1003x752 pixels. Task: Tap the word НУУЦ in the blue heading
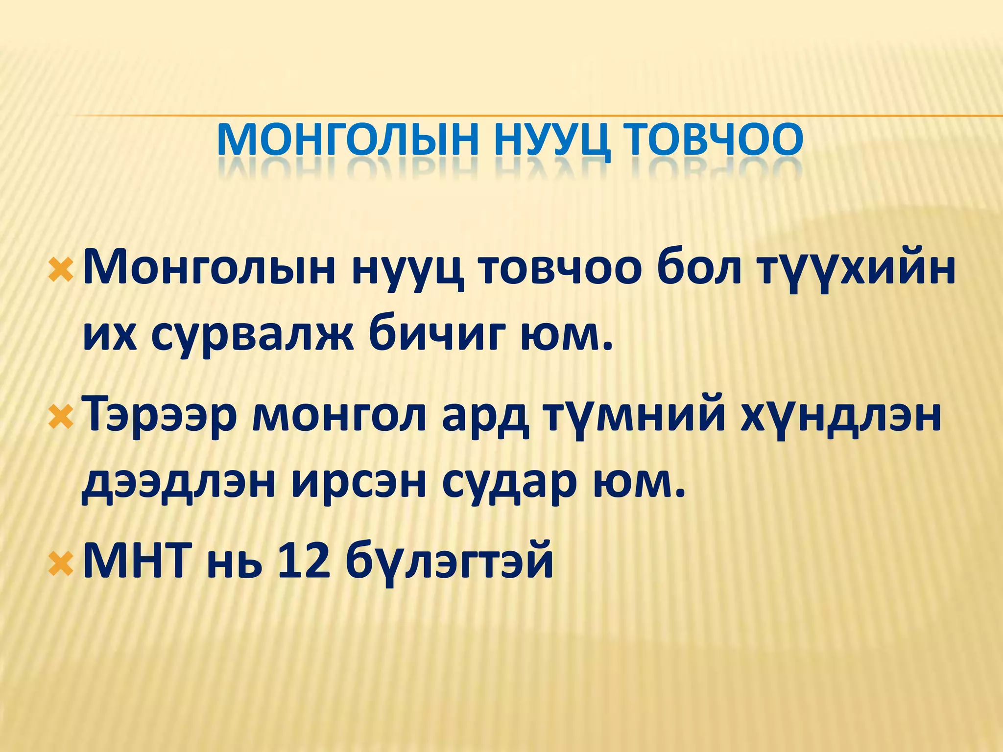click(552, 139)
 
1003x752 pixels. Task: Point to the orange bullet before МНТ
click(61, 564)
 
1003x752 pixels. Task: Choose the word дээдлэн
click(178, 483)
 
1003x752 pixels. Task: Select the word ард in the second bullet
click(485, 417)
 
